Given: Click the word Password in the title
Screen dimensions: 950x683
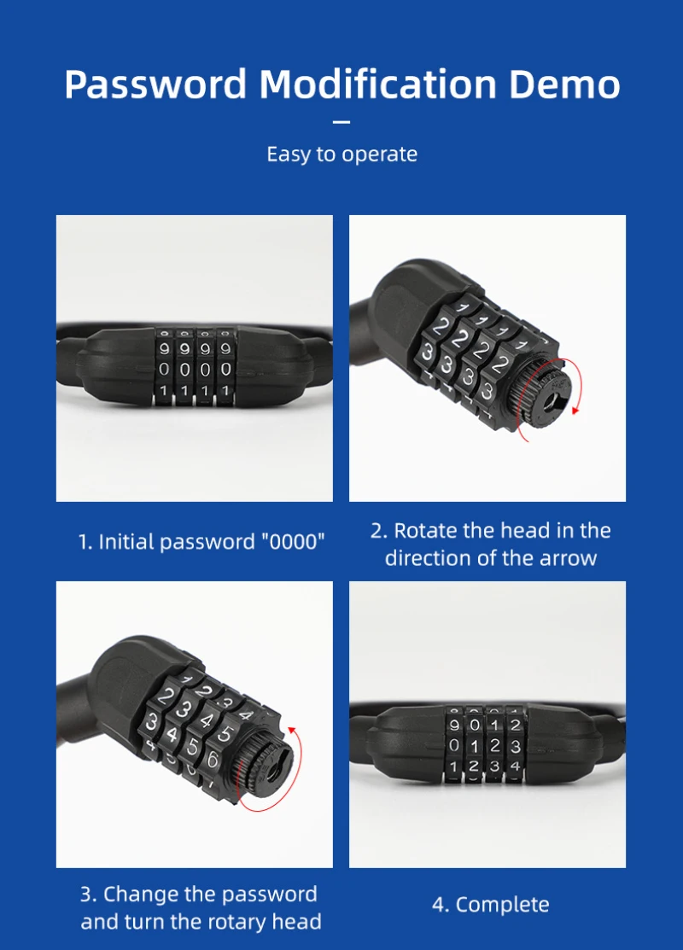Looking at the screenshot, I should tap(155, 85).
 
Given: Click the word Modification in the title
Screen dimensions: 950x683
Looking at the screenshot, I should tap(377, 85).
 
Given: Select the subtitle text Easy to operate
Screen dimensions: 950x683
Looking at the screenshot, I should tap(341, 154).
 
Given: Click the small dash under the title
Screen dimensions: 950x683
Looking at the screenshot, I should tap(341, 122).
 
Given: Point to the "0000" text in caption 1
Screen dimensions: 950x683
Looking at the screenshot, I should tap(291, 542).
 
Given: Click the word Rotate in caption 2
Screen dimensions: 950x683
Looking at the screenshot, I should tap(425, 531).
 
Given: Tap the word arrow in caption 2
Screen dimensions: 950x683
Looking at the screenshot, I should tap(569, 558).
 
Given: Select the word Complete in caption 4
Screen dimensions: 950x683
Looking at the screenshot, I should tap(502, 905).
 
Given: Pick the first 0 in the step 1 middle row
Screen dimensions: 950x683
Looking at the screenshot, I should tap(163, 370).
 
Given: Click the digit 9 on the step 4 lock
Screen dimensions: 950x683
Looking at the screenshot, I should tap(454, 726).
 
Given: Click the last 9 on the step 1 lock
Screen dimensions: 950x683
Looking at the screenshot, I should tap(225, 348).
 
